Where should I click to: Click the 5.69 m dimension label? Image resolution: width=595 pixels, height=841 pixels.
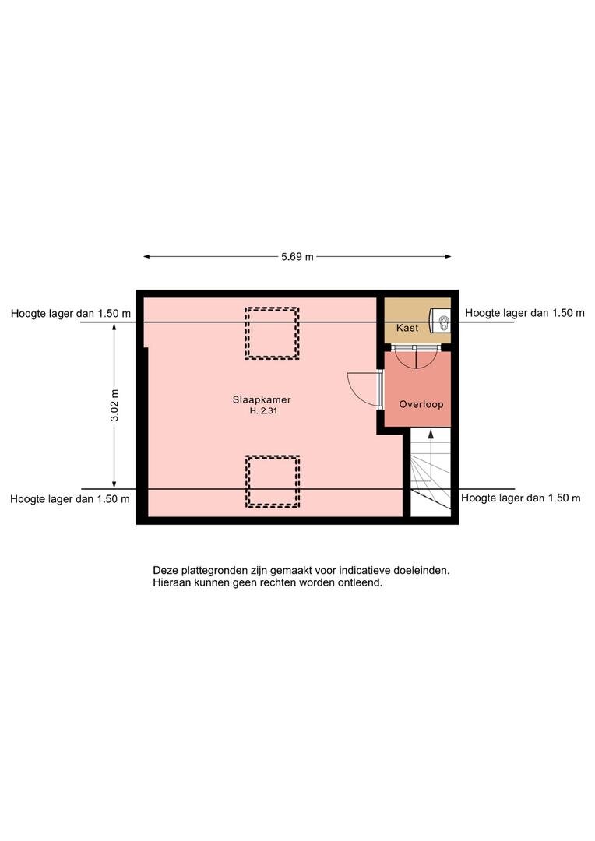pos(297,257)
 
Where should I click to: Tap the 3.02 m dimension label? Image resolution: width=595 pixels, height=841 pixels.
pos(114,406)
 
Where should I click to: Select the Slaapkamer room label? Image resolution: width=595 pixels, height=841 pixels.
pos(262,399)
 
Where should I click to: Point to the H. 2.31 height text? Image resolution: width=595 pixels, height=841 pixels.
pos(263,411)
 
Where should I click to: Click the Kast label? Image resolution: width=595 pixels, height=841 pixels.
pos(407,328)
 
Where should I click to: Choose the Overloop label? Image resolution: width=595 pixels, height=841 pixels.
pos(421,404)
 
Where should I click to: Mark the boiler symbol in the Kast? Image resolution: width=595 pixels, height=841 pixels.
pos(441,322)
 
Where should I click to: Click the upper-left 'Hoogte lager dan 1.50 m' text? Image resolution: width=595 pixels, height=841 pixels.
pos(71,314)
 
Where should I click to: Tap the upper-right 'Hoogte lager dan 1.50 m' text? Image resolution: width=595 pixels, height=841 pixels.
pos(525,313)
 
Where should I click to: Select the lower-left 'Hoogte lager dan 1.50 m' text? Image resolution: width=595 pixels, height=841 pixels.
pos(70,499)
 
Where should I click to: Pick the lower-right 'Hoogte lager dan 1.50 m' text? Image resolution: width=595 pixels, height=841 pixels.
pos(521,498)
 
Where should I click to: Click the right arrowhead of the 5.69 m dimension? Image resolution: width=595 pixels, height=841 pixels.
pos(449,257)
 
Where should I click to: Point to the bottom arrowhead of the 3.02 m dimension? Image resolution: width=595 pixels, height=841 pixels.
pos(114,484)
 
